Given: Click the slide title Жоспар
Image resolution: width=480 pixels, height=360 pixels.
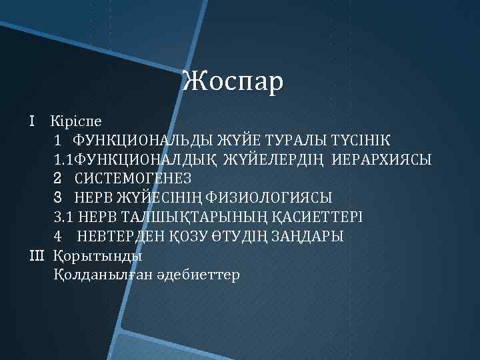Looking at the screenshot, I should (x=233, y=81).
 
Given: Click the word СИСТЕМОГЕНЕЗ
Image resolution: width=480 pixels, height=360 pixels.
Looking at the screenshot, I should (x=133, y=179).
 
